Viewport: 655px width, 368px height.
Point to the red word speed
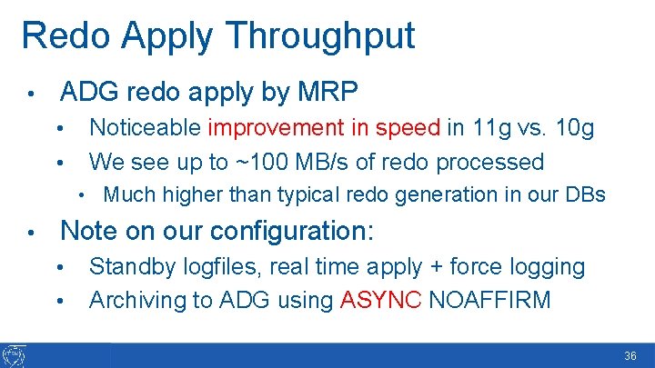(x=408, y=127)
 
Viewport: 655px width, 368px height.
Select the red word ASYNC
(x=379, y=300)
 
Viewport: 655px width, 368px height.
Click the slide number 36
(x=630, y=357)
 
